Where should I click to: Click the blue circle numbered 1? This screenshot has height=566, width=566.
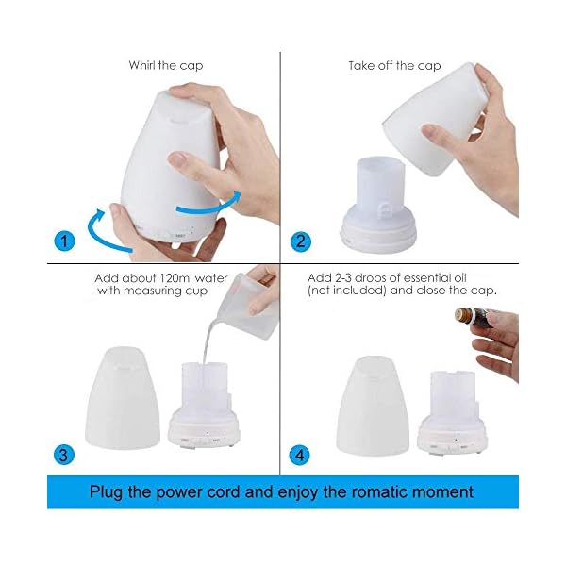(x=64, y=241)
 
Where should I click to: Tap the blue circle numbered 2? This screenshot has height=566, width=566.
(x=300, y=241)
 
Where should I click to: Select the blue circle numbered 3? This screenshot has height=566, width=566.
(x=64, y=454)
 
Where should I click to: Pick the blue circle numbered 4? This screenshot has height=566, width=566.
(x=300, y=455)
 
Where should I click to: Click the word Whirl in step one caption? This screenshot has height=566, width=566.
(x=141, y=65)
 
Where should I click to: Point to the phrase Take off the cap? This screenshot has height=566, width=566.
(x=394, y=66)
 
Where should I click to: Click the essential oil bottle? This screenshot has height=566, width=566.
(x=473, y=318)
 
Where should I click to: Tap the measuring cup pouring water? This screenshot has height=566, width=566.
(x=249, y=307)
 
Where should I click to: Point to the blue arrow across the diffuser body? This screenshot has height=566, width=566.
(x=209, y=205)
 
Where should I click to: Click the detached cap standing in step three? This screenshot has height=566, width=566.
(x=123, y=398)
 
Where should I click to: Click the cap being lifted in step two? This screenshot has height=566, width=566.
(x=436, y=119)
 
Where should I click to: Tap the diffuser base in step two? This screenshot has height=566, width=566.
(x=378, y=205)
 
